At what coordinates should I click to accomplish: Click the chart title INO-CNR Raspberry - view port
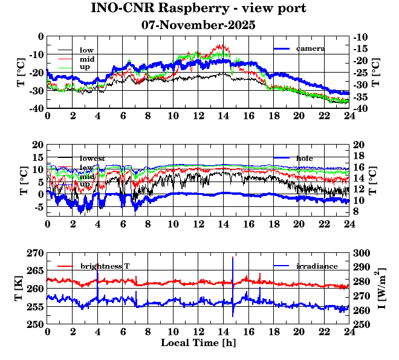[x=198, y=8]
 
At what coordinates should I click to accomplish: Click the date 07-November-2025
[x=198, y=25]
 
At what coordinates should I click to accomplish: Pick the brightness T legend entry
[x=105, y=266]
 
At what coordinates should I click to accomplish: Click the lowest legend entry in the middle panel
[x=92, y=159]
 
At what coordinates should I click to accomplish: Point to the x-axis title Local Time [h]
[x=198, y=343]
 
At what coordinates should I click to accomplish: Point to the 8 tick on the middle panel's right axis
[x=357, y=211]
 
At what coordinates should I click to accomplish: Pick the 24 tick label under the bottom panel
[x=349, y=332]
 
